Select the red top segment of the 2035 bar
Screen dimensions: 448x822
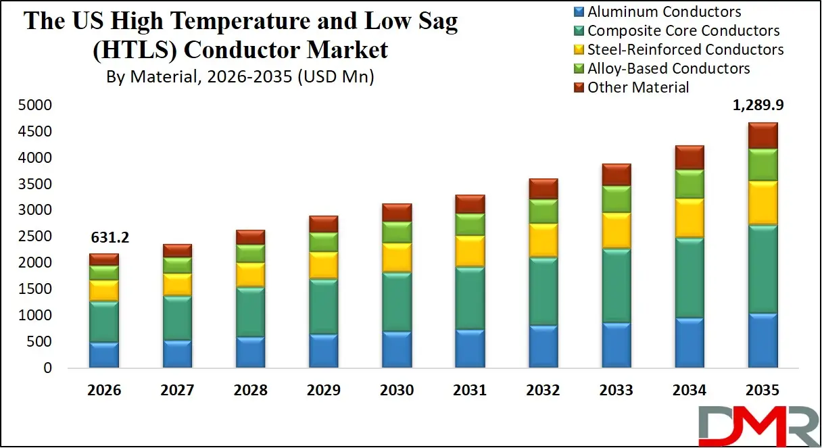point(762,135)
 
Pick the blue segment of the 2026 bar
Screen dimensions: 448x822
point(103,355)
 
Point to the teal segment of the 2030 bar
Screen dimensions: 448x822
point(396,301)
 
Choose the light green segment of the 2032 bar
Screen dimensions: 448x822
point(542,211)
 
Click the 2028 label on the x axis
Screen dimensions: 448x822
point(250,391)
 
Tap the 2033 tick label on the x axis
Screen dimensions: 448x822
point(616,391)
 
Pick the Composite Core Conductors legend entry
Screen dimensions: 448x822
point(683,30)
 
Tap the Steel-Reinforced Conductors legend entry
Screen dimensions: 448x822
point(685,49)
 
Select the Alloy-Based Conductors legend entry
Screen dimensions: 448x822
point(668,68)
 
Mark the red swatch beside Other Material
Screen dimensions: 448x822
point(579,87)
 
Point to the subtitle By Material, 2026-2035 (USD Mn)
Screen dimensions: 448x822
point(240,76)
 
